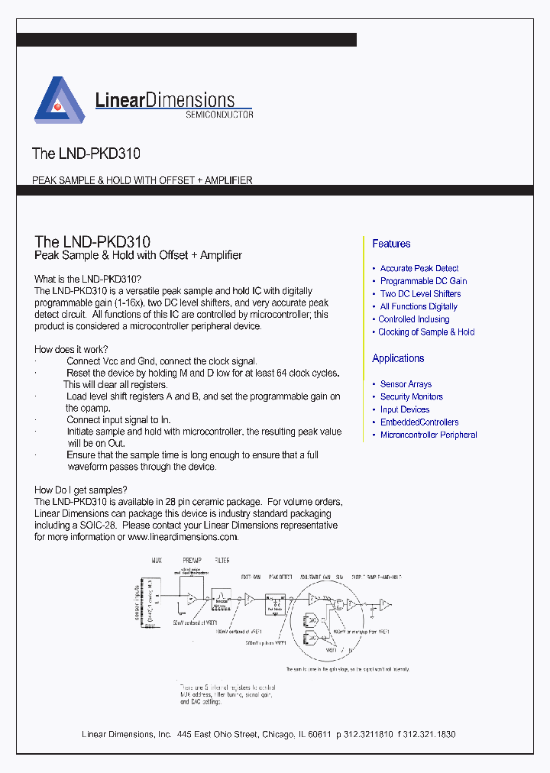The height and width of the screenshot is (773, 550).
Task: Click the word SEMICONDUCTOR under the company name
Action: click(x=219, y=115)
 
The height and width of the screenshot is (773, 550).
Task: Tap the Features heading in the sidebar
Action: click(x=391, y=244)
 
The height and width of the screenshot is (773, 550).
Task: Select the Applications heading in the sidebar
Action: click(x=398, y=358)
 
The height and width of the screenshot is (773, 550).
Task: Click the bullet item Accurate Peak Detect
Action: click(x=419, y=268)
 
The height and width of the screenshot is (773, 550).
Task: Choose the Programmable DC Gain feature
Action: click(x=423, y=281)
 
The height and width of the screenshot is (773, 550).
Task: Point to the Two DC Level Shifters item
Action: click(x=420, y=294)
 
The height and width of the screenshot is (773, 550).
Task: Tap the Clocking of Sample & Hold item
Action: click(x=426, y=332)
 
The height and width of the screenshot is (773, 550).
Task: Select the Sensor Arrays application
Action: click(x=406, y=384)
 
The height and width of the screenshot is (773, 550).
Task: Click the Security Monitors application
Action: click(x=411, y=397)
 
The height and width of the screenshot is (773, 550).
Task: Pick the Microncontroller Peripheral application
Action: click(x=429, y=435)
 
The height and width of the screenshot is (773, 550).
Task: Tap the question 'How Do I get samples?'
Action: click(x=80, y=490)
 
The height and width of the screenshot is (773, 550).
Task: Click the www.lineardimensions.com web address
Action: click(x=183, y=537)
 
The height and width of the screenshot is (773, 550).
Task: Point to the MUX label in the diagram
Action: click(x=157, y=561)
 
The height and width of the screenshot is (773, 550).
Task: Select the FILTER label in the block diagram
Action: click(x=222, y=561)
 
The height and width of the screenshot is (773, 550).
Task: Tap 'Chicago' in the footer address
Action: click(x=277, y=734)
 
